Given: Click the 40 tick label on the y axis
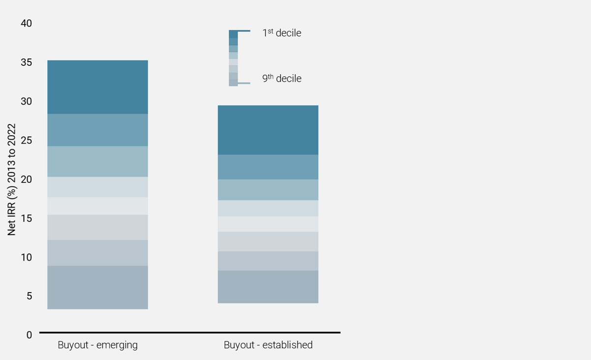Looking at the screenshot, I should [x=26, y=24].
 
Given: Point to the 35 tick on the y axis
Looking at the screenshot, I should [x=26, y=62].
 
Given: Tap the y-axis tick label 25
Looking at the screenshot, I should [x=26, y=141].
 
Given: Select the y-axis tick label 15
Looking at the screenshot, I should [x=26, y=218].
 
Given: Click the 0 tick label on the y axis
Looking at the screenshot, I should [x=29, y=335].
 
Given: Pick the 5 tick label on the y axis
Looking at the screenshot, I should [x=29, y=296].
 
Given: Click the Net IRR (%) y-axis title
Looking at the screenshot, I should [x=12, y=180].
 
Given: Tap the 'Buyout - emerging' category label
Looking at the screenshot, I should [x=97, y=345].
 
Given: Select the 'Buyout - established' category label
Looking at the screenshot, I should [x=268, y=345].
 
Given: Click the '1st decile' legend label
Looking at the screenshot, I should [x=281, y=33].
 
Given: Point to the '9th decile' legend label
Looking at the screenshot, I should [x=281, y=78].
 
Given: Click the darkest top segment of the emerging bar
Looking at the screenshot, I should [x=97, y=87].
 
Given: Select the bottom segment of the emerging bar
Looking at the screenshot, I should [x=97, y=288].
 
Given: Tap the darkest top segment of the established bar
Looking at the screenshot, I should [x=268, y=130].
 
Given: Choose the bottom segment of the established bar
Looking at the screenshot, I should [x=268, y=287].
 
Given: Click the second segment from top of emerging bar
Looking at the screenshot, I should [x=97, y=130].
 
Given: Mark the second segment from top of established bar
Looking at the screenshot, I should [x=268, y=167].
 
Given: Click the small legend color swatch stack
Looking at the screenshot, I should [x=233, y=58].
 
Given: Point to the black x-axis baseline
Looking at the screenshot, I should [x=190, y=333].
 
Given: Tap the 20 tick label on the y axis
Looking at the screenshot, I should [x=26, y=180].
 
